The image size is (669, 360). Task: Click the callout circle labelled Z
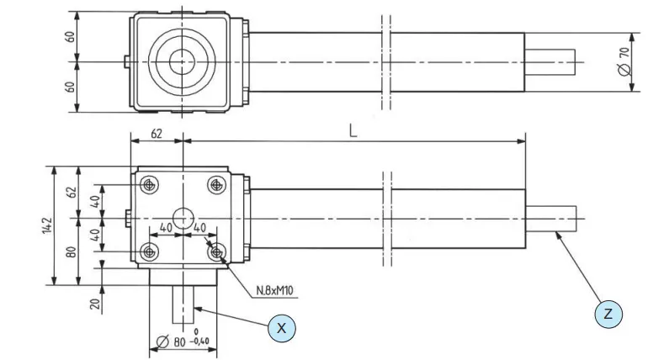pyautogui.click(x=608, y=314)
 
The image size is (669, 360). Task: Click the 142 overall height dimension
pyautogui.click(x=49, y=226)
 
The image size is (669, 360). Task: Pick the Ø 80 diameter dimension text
pyautogui.click(x=170, y=342)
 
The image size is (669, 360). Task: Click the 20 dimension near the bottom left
pyautogui.click(x=96, y=304)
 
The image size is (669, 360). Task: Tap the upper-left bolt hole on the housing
pyautogui.click(x=149, y=184)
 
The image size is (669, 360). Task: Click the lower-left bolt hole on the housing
pyautogui.click(x=149, y=251)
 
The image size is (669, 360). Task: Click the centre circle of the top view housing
pyautogui.click(x=179, y=61)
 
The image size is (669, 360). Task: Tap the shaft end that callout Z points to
pyautogui.click(x=550, y=218)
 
